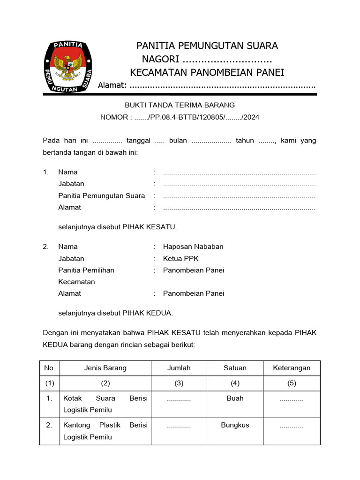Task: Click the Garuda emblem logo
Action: coord(68,67)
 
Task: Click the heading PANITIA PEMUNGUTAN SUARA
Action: coord(207,46)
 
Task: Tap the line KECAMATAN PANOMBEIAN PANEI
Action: coord(207,72)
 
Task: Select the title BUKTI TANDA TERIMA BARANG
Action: coord(179,105)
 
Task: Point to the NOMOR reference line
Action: coord(179,117)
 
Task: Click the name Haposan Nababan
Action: coord(193,247)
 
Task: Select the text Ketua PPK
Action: coord(181,258)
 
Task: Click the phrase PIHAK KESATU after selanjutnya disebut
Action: coord(150,227)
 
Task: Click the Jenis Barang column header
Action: coord(105,368)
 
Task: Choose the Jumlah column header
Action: coord(179,368)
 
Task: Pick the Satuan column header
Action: coord(235,368)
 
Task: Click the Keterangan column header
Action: coord(292,368)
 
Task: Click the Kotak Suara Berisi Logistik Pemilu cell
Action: coord(105,404)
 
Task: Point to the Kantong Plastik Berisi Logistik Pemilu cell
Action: coord(105,431)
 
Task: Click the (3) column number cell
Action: coord(179,383)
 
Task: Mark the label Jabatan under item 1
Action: coord(71,184)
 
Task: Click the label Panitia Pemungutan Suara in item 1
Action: coord(101,195)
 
